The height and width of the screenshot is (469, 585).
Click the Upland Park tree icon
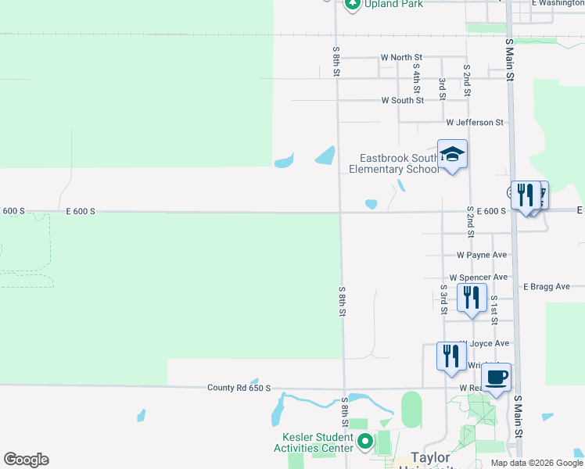[353, 4]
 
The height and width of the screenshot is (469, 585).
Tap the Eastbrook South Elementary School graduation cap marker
[452, 155]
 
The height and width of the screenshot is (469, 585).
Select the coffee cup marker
[496, 378]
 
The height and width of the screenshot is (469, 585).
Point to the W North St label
[401, 58]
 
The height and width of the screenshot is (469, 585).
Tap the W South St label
[402, 100]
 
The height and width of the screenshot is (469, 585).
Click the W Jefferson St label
[475, 123]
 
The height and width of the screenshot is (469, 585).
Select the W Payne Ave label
[482, 256]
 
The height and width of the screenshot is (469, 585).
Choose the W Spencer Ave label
[479, 277]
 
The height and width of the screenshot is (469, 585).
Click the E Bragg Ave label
[547, 287]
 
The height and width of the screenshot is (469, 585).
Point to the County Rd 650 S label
[239, 388]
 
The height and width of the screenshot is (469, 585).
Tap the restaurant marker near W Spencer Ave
[472, 299]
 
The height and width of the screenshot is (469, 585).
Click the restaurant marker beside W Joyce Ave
[450, 356]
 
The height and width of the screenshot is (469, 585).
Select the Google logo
[26, 460]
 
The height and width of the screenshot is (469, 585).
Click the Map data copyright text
[537, 463]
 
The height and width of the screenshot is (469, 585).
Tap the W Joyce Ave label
[489, 343]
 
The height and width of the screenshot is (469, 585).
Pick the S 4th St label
[417, 77]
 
